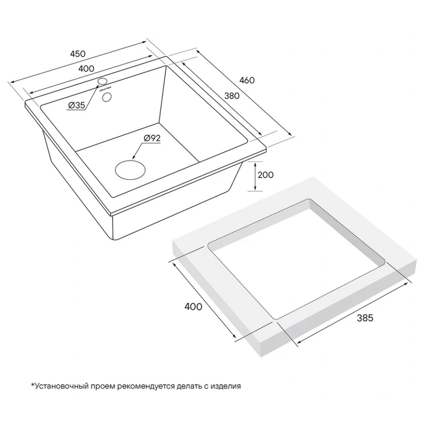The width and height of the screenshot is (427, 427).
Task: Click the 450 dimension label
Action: [x=78, y=54]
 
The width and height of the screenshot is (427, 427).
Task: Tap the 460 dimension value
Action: [x=247, y=80]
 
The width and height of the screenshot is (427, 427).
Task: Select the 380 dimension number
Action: [x=232, y=96]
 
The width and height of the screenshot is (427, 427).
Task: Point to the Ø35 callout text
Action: [x=76, y=105]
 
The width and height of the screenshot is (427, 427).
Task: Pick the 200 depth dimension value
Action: [x=266, y=175]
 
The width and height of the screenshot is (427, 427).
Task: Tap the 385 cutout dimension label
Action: [x=365, y=318]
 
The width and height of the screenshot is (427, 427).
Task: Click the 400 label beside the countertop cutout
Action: [x=193, y=307]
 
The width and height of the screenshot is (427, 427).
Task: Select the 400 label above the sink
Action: [x=86, y=68]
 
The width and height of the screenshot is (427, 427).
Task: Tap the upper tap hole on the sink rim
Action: [x=102, y=81]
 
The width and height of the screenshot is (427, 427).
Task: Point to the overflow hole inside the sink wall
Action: [x=107, y=97]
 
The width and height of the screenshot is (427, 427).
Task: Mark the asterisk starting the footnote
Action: [x=33, y=385]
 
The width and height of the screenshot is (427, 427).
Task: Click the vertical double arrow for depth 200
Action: [x=255, y=176]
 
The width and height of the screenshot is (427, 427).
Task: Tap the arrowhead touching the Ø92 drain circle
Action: [x=133, y=158]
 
